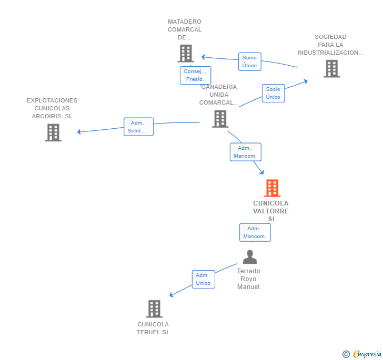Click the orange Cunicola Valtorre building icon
(x=272, y=188)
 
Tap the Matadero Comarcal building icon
(x=186, y=53)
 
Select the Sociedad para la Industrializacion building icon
(x=331, y=68)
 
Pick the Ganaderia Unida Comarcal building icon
(x=220, y=119)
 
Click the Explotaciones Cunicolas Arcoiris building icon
(x=53, y=132)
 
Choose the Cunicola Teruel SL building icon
(x=154, y=308)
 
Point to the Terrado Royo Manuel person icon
(x=250, y=257)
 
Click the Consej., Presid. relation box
(x=195, y=76)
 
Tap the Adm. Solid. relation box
(x=138, y=127)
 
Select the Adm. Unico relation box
(x=204, y=279)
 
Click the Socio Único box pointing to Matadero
(x=249, y=61)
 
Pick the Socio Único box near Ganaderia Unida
(x=274, y=93)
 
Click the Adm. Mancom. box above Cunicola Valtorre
(x=246, y=152)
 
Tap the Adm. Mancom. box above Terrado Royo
(x=255, y=232)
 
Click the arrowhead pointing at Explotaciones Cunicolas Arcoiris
(x=79, y=132)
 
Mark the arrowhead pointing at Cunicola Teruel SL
(x=172, y=295)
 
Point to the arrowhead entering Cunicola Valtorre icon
(x=262, y=172)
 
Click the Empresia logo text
(x=367, y=354)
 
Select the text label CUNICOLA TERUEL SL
(x=153, y=328)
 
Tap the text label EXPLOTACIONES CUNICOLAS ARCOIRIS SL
(x=52, y=108)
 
